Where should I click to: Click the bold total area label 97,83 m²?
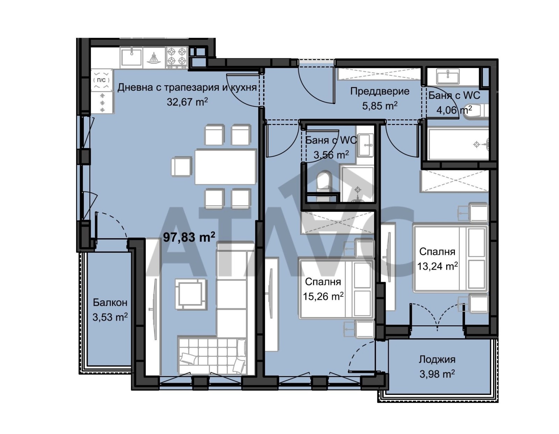coord(189,237)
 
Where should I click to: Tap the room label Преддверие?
coord(380,91)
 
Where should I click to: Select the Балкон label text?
coord(110,302)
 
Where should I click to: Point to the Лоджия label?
coord(437,360)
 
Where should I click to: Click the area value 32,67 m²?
coord(187,102)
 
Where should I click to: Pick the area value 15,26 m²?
coord(323,296)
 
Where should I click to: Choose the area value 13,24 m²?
coord(437,266)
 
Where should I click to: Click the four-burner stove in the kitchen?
coord(177,58)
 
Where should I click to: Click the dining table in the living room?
coord(225,167)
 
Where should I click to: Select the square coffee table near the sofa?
coord(191,294)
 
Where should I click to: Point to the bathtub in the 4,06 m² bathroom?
coord(458,144)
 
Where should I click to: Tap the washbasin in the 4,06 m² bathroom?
coord(448,76)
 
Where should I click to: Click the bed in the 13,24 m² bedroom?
coord(450,258)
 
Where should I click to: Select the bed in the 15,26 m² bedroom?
coord(336,289)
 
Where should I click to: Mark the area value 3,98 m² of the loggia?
coord(437,374)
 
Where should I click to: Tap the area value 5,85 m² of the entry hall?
coord(380,105)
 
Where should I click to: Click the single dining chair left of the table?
coord(182,167)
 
